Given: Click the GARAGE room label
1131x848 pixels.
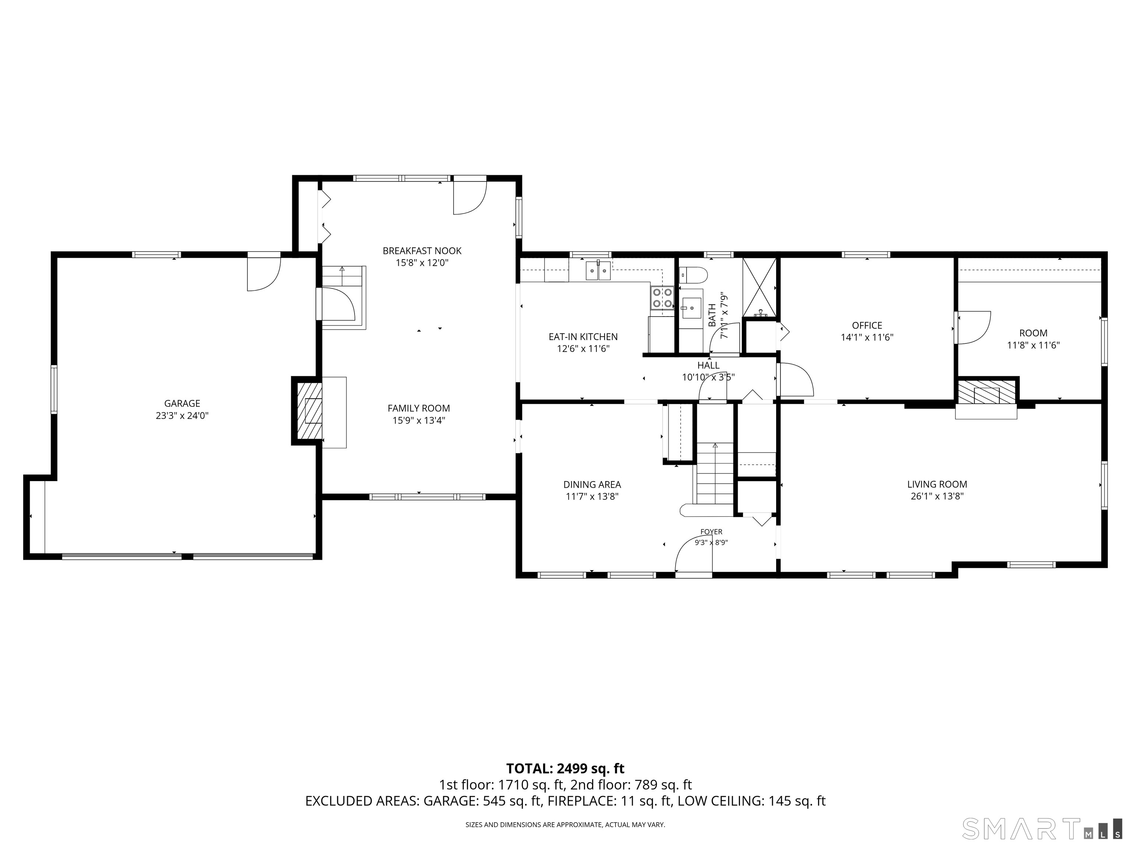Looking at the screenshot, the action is (182, 403).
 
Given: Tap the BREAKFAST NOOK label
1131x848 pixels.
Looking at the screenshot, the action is (422, 251).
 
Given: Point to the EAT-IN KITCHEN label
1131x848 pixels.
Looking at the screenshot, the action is (583, 337).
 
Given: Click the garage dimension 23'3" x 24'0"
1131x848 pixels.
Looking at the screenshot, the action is (182, 416).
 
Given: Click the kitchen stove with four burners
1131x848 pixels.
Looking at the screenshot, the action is (662, 298).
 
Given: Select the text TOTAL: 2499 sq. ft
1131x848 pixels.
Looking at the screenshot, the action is (565, 768).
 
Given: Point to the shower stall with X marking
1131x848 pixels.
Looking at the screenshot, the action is (759, 287).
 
